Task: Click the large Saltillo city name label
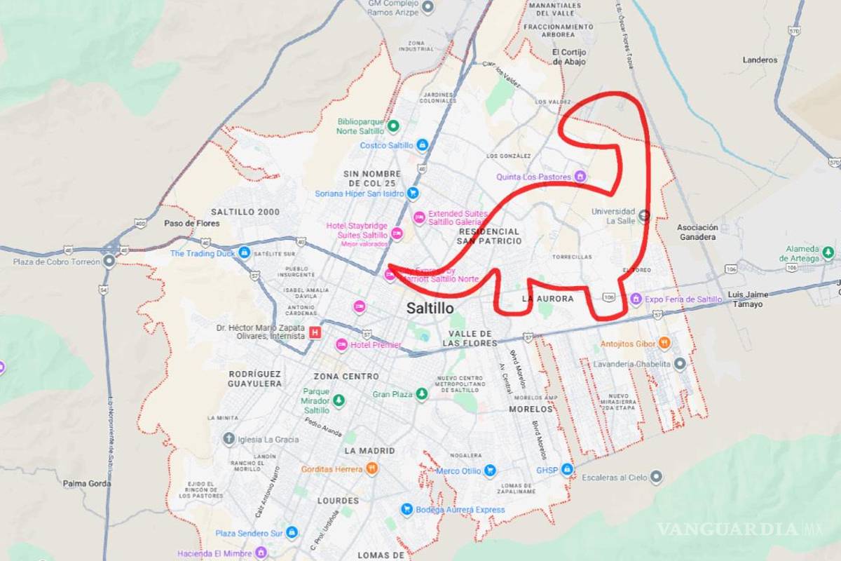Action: point(430,308)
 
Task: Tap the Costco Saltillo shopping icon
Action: point(422,145)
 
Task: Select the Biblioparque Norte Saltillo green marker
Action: point(393,126)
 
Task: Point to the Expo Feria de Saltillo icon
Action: point(636,299)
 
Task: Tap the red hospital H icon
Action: point(315,332)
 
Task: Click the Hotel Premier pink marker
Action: point(341,344)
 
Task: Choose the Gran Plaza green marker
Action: point(421,395)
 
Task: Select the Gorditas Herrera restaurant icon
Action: point(371,469)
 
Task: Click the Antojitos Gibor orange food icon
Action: point(664,344)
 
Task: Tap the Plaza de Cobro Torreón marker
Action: point(109,262)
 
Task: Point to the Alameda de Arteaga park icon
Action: point(828,252)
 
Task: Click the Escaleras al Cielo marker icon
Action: point(656,478)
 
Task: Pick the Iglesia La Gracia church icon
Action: point(228,440)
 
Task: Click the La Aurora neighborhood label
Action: point(547,299)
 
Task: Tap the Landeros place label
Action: point(760,60)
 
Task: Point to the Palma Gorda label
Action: point(88,483)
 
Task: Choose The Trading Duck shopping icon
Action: point(244,252)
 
